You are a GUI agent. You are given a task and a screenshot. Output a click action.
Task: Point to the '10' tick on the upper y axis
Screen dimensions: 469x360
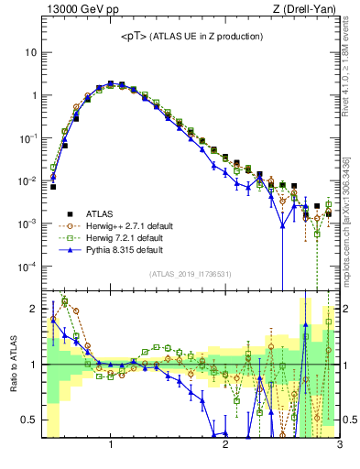click(x=30, y=52)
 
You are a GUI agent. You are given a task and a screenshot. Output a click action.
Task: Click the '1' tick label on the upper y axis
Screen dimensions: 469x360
click(x=33, y=95)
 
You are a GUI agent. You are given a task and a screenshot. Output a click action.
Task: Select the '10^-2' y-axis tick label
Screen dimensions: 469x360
click(x=28, y=181)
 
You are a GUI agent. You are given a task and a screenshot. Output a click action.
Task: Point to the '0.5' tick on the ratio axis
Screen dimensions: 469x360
click(x=29, y=420)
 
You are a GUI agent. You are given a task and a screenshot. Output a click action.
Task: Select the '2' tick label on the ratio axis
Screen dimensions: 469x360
click(x=33, y=309)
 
